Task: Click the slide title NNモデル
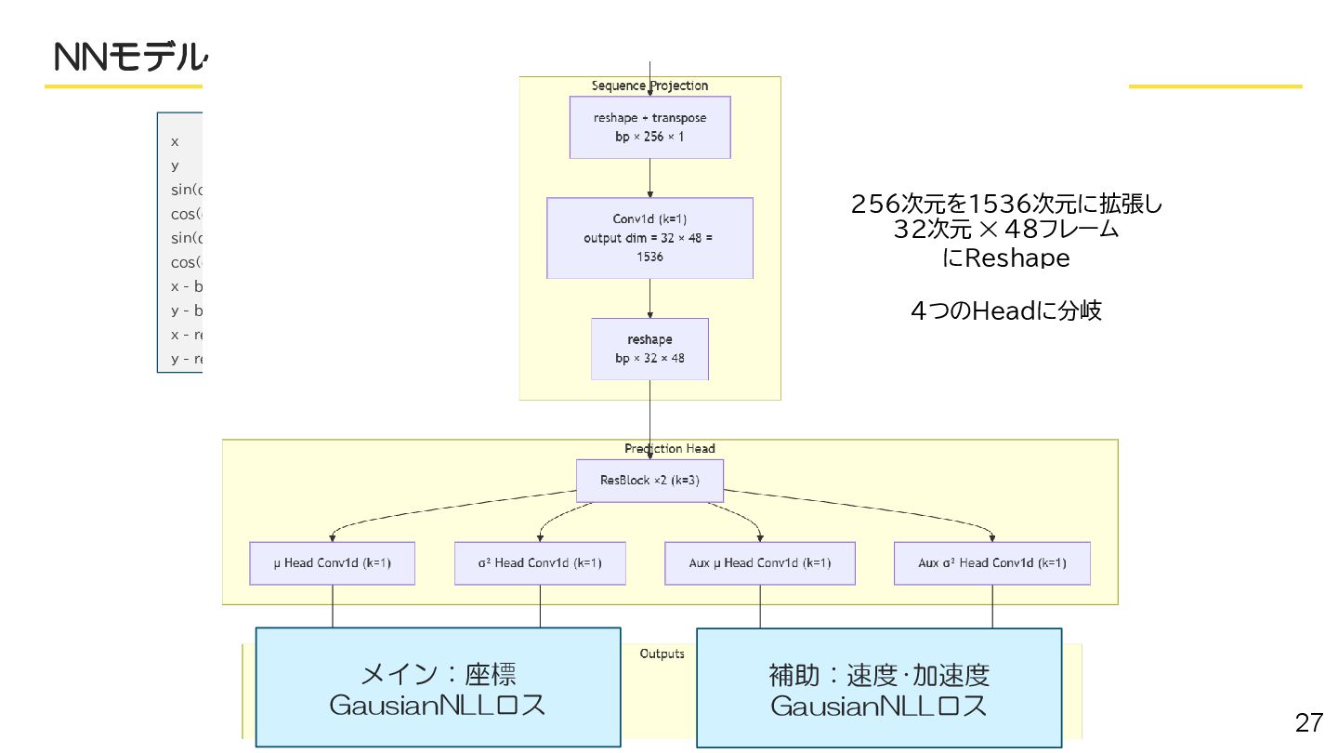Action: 127,58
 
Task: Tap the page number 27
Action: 1308,722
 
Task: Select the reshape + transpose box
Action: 649,127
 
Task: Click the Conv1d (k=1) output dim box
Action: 649,238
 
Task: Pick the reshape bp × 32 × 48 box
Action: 649,349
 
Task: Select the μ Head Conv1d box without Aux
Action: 333,562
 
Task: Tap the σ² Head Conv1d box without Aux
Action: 540,562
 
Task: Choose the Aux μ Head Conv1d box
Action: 760,562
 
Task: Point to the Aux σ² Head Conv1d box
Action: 992,562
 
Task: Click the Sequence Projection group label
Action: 649,86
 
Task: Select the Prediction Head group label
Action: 669,449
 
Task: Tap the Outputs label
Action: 662,654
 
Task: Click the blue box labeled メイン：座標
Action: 438,687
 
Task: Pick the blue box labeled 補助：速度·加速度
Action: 879,688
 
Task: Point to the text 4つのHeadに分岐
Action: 1005,311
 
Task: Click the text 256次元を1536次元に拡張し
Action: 1006,204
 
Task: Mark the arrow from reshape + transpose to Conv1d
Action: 649,178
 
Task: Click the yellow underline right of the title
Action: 1214,86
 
